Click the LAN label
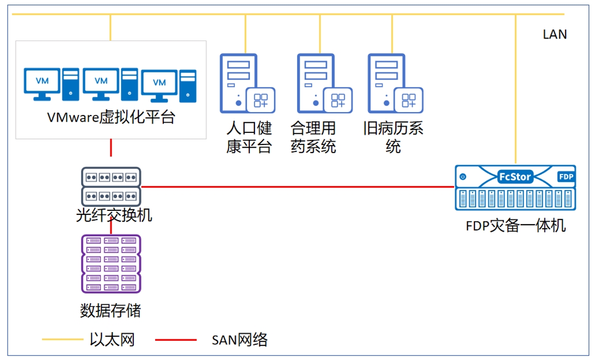pos(554,34)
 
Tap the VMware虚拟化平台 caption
pos(111,117)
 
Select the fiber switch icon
pos(111,187)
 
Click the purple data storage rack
pos(111,264)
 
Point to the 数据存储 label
pos(110,311)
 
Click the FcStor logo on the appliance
pos(515,176)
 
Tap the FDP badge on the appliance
pos(566,176)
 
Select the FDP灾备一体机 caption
pos(515,226)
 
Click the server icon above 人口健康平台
pos(247,83)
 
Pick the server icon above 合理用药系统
pos(325,83)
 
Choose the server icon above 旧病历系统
pos(395,83)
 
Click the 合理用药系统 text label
pos(313,137)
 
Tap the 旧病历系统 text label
pos(393,137)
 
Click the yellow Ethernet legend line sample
pos(62,340)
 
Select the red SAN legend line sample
pos(176,340)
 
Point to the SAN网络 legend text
pos(239,340)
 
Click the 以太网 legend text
pos(112,340)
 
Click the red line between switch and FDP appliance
pos(298,187)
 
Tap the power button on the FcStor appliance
pos(463,176)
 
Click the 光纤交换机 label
pos(114,215)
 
